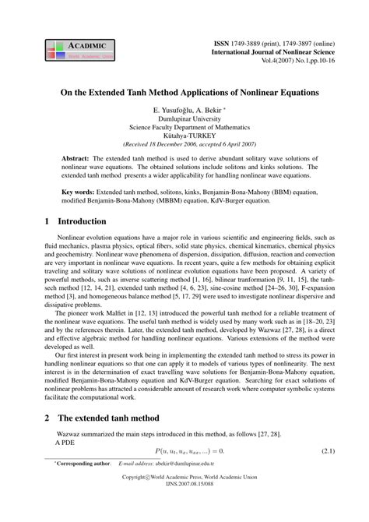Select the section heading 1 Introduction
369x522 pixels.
tap(73, 221)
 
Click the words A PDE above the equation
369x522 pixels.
tap(68, 440)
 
